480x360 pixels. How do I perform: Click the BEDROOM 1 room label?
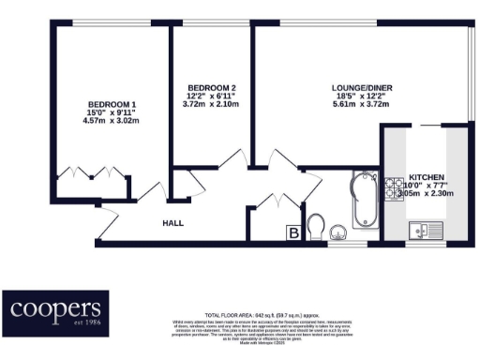pyautogui.click(x=112, y=104)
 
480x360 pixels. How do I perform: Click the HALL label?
pyautogui.click(x=172, y=223)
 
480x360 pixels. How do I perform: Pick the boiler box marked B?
pyautogui.click(x=293, y=231)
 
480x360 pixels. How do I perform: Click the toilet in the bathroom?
pyautogui.click(x=317, y=226)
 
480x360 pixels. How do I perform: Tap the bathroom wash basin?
pyautogui.click(x=340, y=232)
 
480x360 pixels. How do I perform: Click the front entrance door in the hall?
pyautogui.click(x=109, y=221)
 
